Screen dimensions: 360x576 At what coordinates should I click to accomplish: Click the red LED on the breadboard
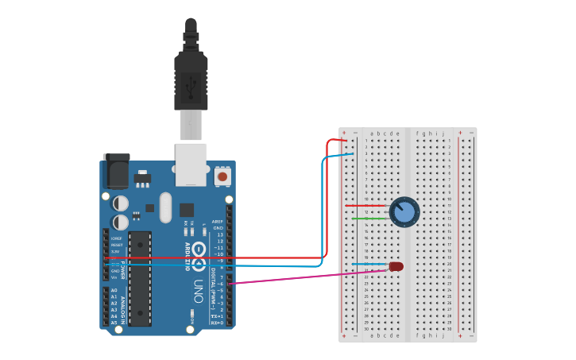pyautogui.click(x=396, y=266)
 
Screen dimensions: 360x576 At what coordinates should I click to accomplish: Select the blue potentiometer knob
pyautogui.click(x=404, y=211)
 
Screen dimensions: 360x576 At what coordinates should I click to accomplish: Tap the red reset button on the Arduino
pyautogui.click(x=222, y=176)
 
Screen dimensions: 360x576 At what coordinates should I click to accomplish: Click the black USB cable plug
pyautogui.click(x=191, y=79)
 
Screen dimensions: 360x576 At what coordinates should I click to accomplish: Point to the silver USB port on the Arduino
pyautogui.click(x=191, y=164)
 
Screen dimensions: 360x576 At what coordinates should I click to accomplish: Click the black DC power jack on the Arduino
pyautogui.click(x=117, y=170)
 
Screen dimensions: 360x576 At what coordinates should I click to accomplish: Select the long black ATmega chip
pyautogui.click(x=140, y=278)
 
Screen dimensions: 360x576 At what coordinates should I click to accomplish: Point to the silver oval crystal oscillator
pyautogui.click(x=165, y=208)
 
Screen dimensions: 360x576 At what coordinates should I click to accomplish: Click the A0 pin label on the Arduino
pyautogui.click(x=114, y=291)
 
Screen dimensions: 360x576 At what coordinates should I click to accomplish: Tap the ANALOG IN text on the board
pyautogui.click(x=123, y=306)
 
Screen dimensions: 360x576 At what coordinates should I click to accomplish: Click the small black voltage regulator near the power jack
pyautogui.click(x=142, y=177)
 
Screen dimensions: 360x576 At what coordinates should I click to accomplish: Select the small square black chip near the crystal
pyautogui.click(x=187, y=210)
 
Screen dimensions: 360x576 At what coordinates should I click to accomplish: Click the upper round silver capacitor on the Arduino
pyautogui.click(x=121, y=203)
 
